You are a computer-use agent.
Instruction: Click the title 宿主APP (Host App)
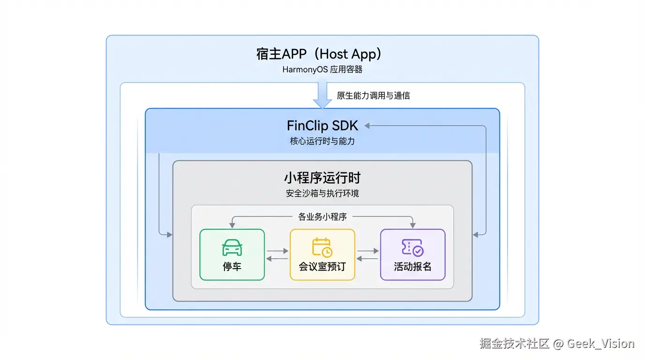322,54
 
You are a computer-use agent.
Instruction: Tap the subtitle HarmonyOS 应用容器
322,70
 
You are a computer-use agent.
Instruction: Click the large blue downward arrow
322,95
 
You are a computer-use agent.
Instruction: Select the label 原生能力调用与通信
373,96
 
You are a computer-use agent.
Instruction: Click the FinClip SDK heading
322,126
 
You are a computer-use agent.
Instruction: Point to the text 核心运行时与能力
322,141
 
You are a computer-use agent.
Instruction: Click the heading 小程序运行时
322,178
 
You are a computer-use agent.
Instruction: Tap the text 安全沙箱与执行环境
322,193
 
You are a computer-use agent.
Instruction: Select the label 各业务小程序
322,217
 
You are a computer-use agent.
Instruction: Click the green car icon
232,247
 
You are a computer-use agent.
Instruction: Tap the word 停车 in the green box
232,267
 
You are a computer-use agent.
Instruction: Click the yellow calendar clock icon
322,247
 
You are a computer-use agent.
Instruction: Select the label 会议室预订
322,267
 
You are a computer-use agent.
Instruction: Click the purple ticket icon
412,247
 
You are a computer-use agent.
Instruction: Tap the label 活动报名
412,267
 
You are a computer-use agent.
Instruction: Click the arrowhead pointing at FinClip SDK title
367,126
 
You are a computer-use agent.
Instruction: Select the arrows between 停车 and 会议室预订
277,255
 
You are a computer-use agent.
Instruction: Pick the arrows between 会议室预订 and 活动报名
367,255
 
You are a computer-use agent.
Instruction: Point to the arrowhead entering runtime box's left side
169,234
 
